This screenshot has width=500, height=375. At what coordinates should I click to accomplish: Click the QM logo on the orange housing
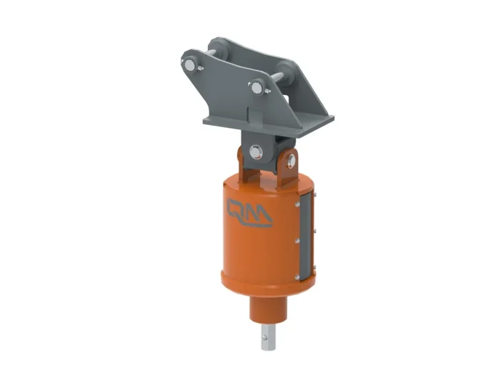(x=249, y=213)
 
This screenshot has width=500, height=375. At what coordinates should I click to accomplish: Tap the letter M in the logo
(x=259, y=214)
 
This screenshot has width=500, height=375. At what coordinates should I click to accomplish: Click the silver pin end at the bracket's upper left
(x=190, y=65)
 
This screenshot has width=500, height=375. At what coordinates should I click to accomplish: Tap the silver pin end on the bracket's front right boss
(x=256, y=88)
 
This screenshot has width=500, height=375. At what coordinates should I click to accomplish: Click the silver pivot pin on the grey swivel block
(x=255, y=151)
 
